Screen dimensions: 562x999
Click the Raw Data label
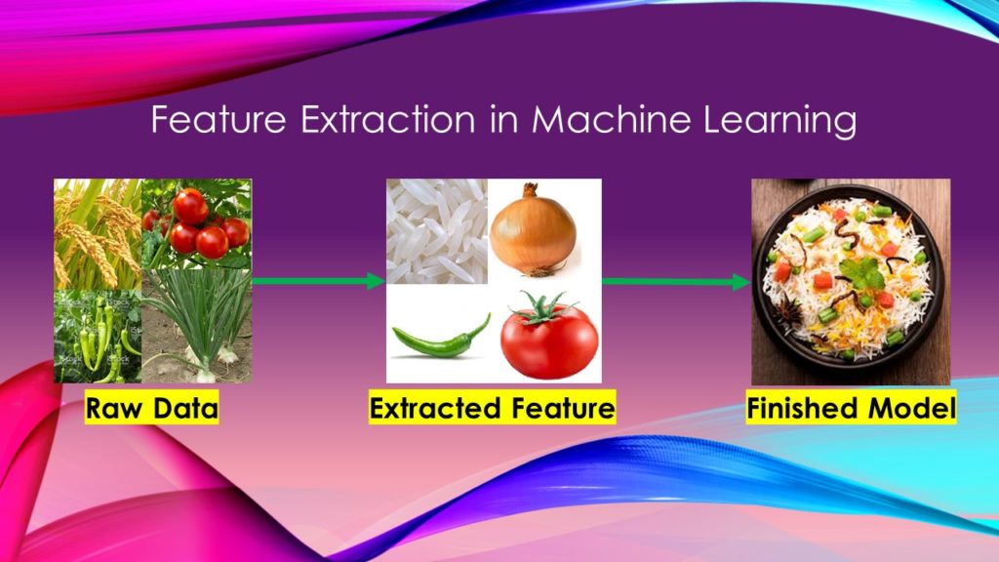pos(151,408)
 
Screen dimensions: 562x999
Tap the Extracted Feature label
pos(493,408)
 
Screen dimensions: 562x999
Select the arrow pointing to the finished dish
pos(676,282)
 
